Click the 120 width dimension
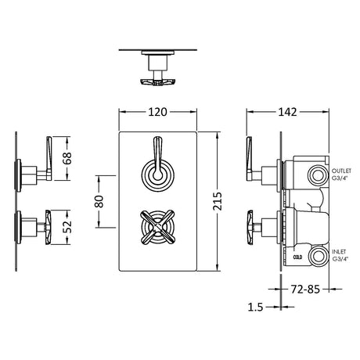click(157, 112)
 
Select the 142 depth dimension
click(287, 112)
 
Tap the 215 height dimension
click(217, 201)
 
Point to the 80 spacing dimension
click(99, 201)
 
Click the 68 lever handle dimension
click(67, 158)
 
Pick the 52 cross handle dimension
click(67, 227)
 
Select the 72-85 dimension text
click(305, 289)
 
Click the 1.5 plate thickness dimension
click(255, 308)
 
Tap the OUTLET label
click(341, 171)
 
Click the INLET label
click(339, 252)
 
